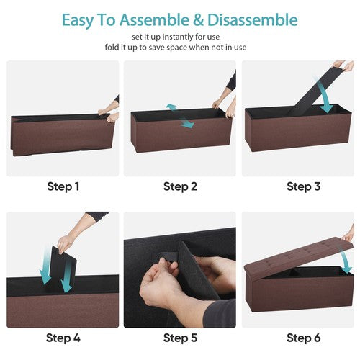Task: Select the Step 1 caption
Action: tap(63, 186)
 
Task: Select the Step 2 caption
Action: tap(180, 186)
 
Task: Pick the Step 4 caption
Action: tap(63, 337)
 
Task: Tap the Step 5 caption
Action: tap(180, 337)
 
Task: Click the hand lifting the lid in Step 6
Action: tap(348, 234)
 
